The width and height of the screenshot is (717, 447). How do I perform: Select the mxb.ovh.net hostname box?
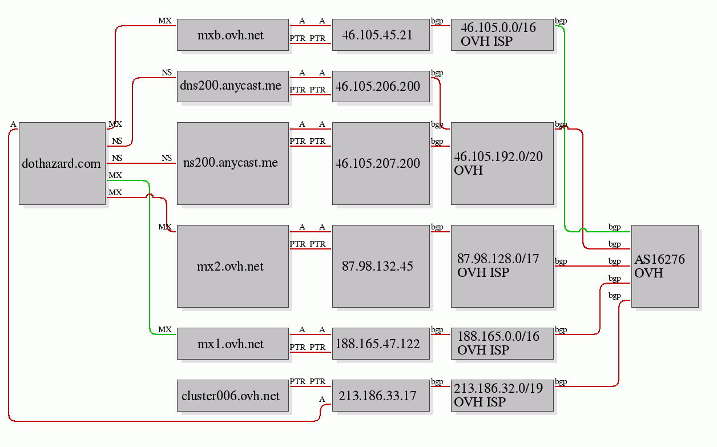[x=232, y=35]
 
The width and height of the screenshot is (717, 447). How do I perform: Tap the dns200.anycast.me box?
[x=232, y=86]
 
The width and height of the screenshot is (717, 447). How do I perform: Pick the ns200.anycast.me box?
[x=232, y=163]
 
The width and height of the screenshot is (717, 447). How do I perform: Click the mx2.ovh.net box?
[x=232, y=266]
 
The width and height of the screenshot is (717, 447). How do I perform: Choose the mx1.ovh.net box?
[x=232, y=344]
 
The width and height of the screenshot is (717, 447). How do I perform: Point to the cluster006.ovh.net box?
[x=232, y=396]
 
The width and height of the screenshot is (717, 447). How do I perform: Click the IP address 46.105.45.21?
[x=381, y=35]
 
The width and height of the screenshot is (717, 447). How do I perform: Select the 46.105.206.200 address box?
[x=381, y=86]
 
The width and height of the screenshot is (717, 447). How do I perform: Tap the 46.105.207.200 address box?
[x=381, y=163]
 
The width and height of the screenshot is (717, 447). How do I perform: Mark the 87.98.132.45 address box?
[x=381, y=266]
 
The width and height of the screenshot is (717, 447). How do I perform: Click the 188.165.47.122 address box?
[x=381, y=344]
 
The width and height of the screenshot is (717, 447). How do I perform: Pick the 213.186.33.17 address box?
[x=381, y=396]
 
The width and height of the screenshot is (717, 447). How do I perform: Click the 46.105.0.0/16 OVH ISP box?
[x=502, y=35]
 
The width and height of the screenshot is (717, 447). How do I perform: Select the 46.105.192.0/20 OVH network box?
[x=502, y=163]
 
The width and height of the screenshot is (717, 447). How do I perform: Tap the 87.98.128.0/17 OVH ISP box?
[x=502, y=266]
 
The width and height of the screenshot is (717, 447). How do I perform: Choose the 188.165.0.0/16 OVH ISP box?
[x=502, y=344]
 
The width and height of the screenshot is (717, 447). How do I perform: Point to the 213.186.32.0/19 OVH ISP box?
[x=502, y=396]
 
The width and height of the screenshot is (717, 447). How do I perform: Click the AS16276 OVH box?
[x=664, y=266]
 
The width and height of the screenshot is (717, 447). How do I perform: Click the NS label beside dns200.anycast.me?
[x=167, y=73]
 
